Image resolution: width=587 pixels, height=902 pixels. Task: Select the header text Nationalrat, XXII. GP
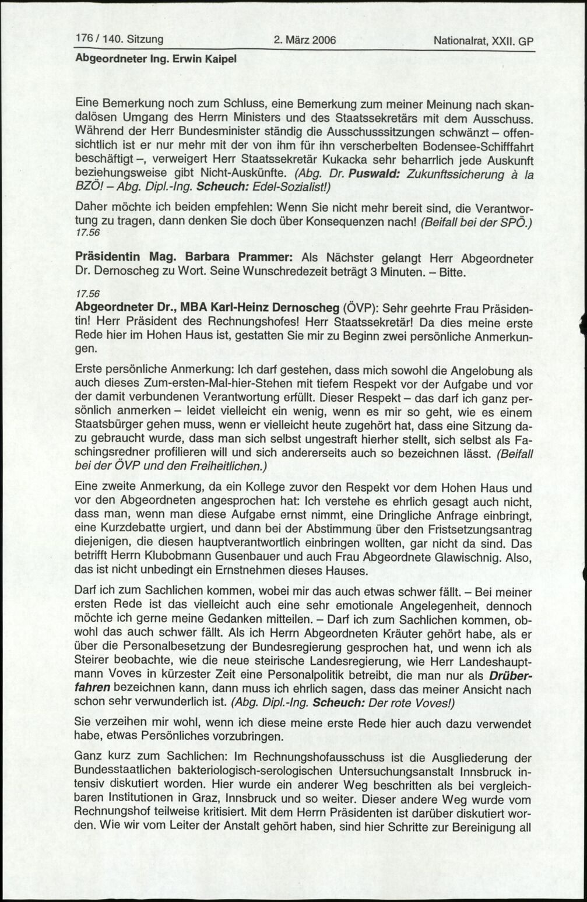(x=483, y=41)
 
